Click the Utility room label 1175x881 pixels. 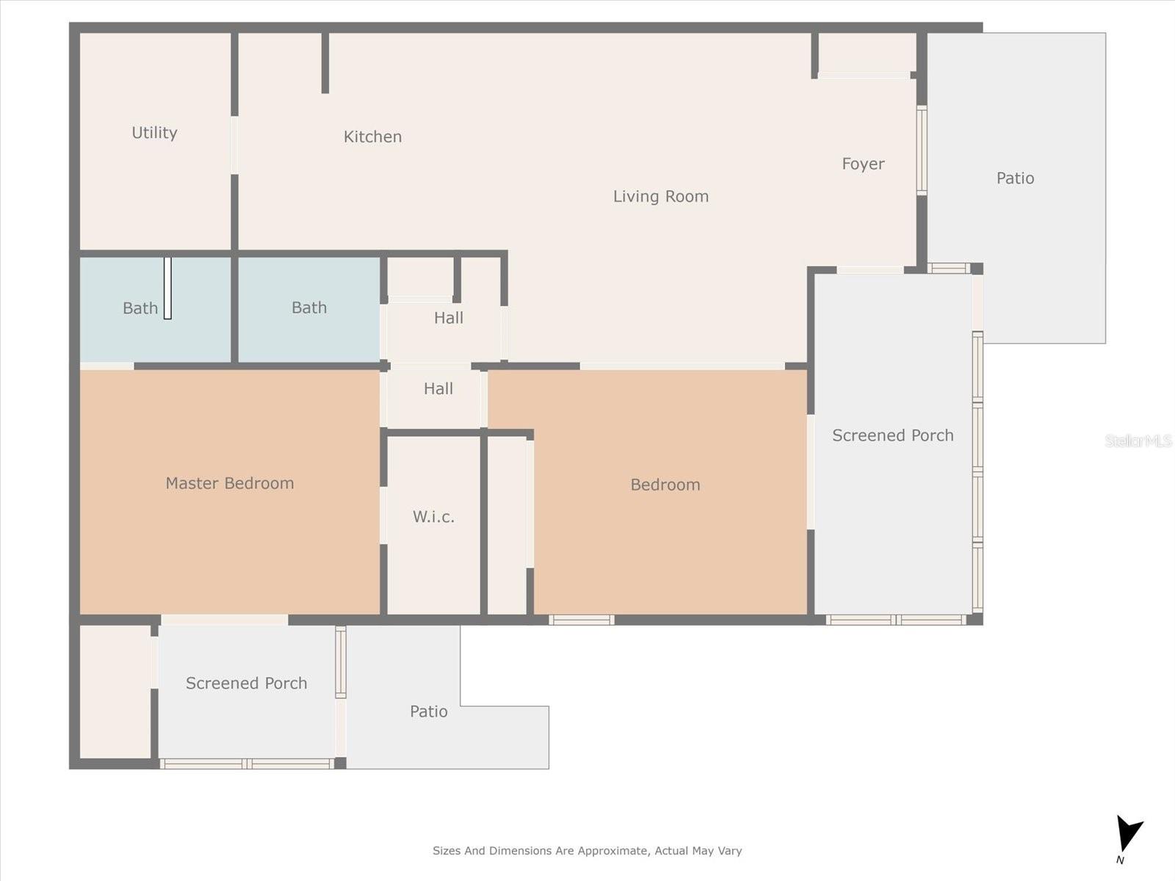tap(154, 133)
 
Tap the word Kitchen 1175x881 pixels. tap(372, 137)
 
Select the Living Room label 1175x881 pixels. tap(660, 196)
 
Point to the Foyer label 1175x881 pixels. tap(863, 164)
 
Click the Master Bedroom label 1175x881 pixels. tap(229, 483)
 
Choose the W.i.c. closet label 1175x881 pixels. tap(433, 517)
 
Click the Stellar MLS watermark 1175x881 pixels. tap(1138, 440)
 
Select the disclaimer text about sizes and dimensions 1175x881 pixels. tap(587, 851)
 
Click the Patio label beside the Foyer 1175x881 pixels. tap(1015, 178)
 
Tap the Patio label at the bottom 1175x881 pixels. tap(428, 711)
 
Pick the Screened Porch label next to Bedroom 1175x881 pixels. tap(892, 435)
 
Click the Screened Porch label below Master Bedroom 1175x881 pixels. tap(246, 684)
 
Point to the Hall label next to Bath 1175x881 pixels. tap(448, 318)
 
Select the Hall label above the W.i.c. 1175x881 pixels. tap(438, 388)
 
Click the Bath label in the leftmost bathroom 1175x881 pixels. tap(140, 308)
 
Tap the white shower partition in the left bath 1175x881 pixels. tap(167, 288)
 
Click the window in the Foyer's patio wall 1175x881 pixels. tap(922, 151)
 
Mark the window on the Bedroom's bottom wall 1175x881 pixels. tap(581, 620)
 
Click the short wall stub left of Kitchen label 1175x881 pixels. tap(325, 63)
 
